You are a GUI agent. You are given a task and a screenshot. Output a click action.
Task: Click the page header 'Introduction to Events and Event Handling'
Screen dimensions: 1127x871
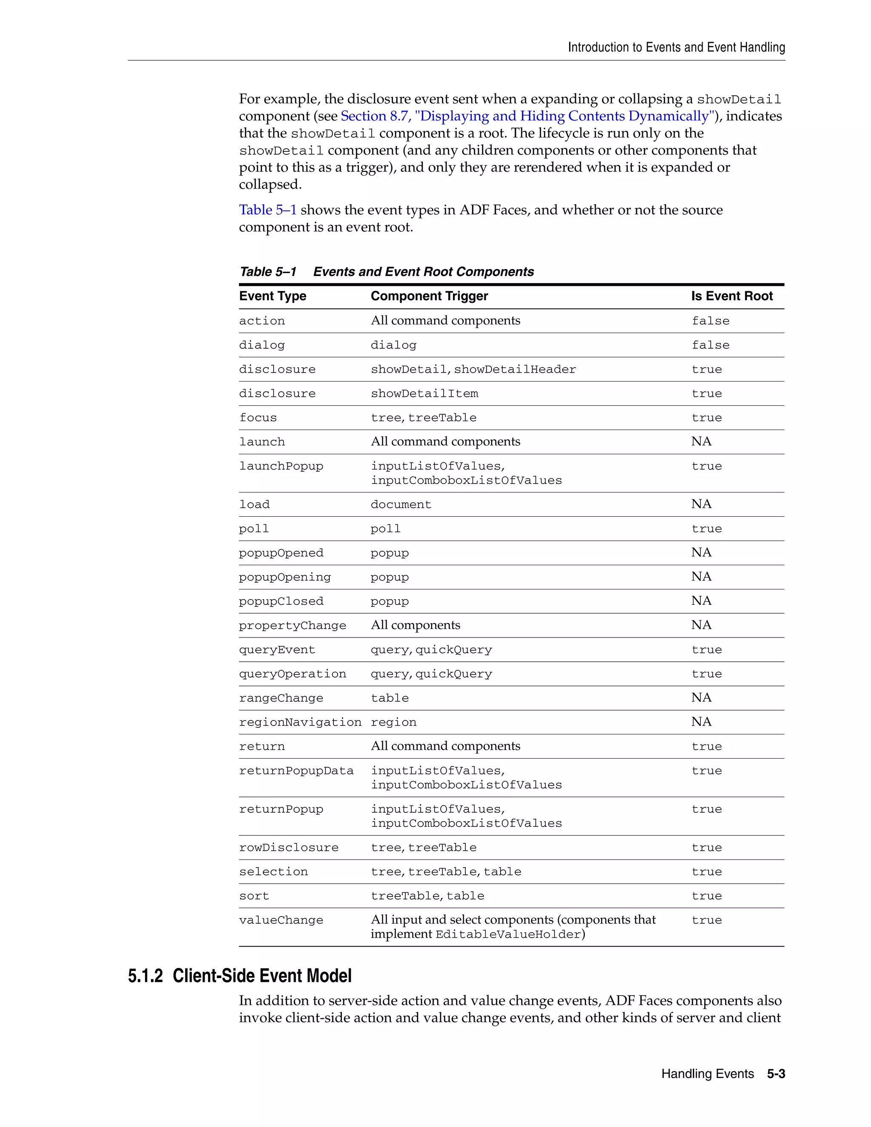(x=676, y=48)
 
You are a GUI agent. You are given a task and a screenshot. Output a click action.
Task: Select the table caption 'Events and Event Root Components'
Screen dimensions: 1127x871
(x=423, y=272)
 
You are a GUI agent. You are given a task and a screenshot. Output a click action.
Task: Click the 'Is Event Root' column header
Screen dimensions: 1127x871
(x=731, y=296)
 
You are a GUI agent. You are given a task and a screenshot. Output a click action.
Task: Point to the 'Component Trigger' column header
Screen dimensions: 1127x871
(x=429, y=296)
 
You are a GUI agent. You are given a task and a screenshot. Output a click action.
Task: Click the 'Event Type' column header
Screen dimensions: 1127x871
(x=273, y=296)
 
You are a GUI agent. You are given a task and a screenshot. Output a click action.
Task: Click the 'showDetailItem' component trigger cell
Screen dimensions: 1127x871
(x=424, y=394)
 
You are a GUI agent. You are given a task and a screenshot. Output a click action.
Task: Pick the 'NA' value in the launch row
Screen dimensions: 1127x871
(x=701, y=442)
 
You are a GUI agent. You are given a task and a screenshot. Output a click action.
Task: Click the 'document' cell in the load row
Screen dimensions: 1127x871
(x=400, y=505)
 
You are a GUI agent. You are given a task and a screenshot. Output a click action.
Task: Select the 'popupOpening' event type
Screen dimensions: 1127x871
(x=285, y=578)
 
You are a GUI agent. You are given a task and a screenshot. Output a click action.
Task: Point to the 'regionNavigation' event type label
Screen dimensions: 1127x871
(x=300, y=723)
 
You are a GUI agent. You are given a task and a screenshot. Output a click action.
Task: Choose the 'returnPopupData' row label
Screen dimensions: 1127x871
(x=296, y=771)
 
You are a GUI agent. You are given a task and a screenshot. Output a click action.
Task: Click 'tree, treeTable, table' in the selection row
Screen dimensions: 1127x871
(x=446, y=872)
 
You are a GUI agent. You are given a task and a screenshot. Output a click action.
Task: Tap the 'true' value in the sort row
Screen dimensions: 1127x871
(x=706, y=896)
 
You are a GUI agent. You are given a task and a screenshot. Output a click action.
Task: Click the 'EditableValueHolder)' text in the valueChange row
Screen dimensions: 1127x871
(x=510, y=934)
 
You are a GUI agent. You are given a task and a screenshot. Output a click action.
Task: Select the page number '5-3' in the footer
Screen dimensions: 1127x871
(x=776, y=1074)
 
